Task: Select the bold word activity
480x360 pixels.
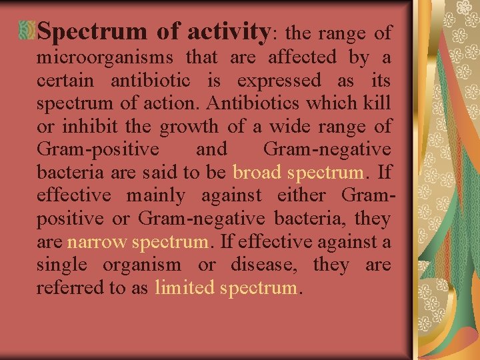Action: click(227, 31)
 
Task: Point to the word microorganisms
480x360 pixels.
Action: click(105, 59)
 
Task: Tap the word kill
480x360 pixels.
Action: click(379, 105)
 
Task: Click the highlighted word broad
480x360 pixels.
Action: click(257, 173)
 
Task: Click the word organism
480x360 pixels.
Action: click(141, 265)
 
